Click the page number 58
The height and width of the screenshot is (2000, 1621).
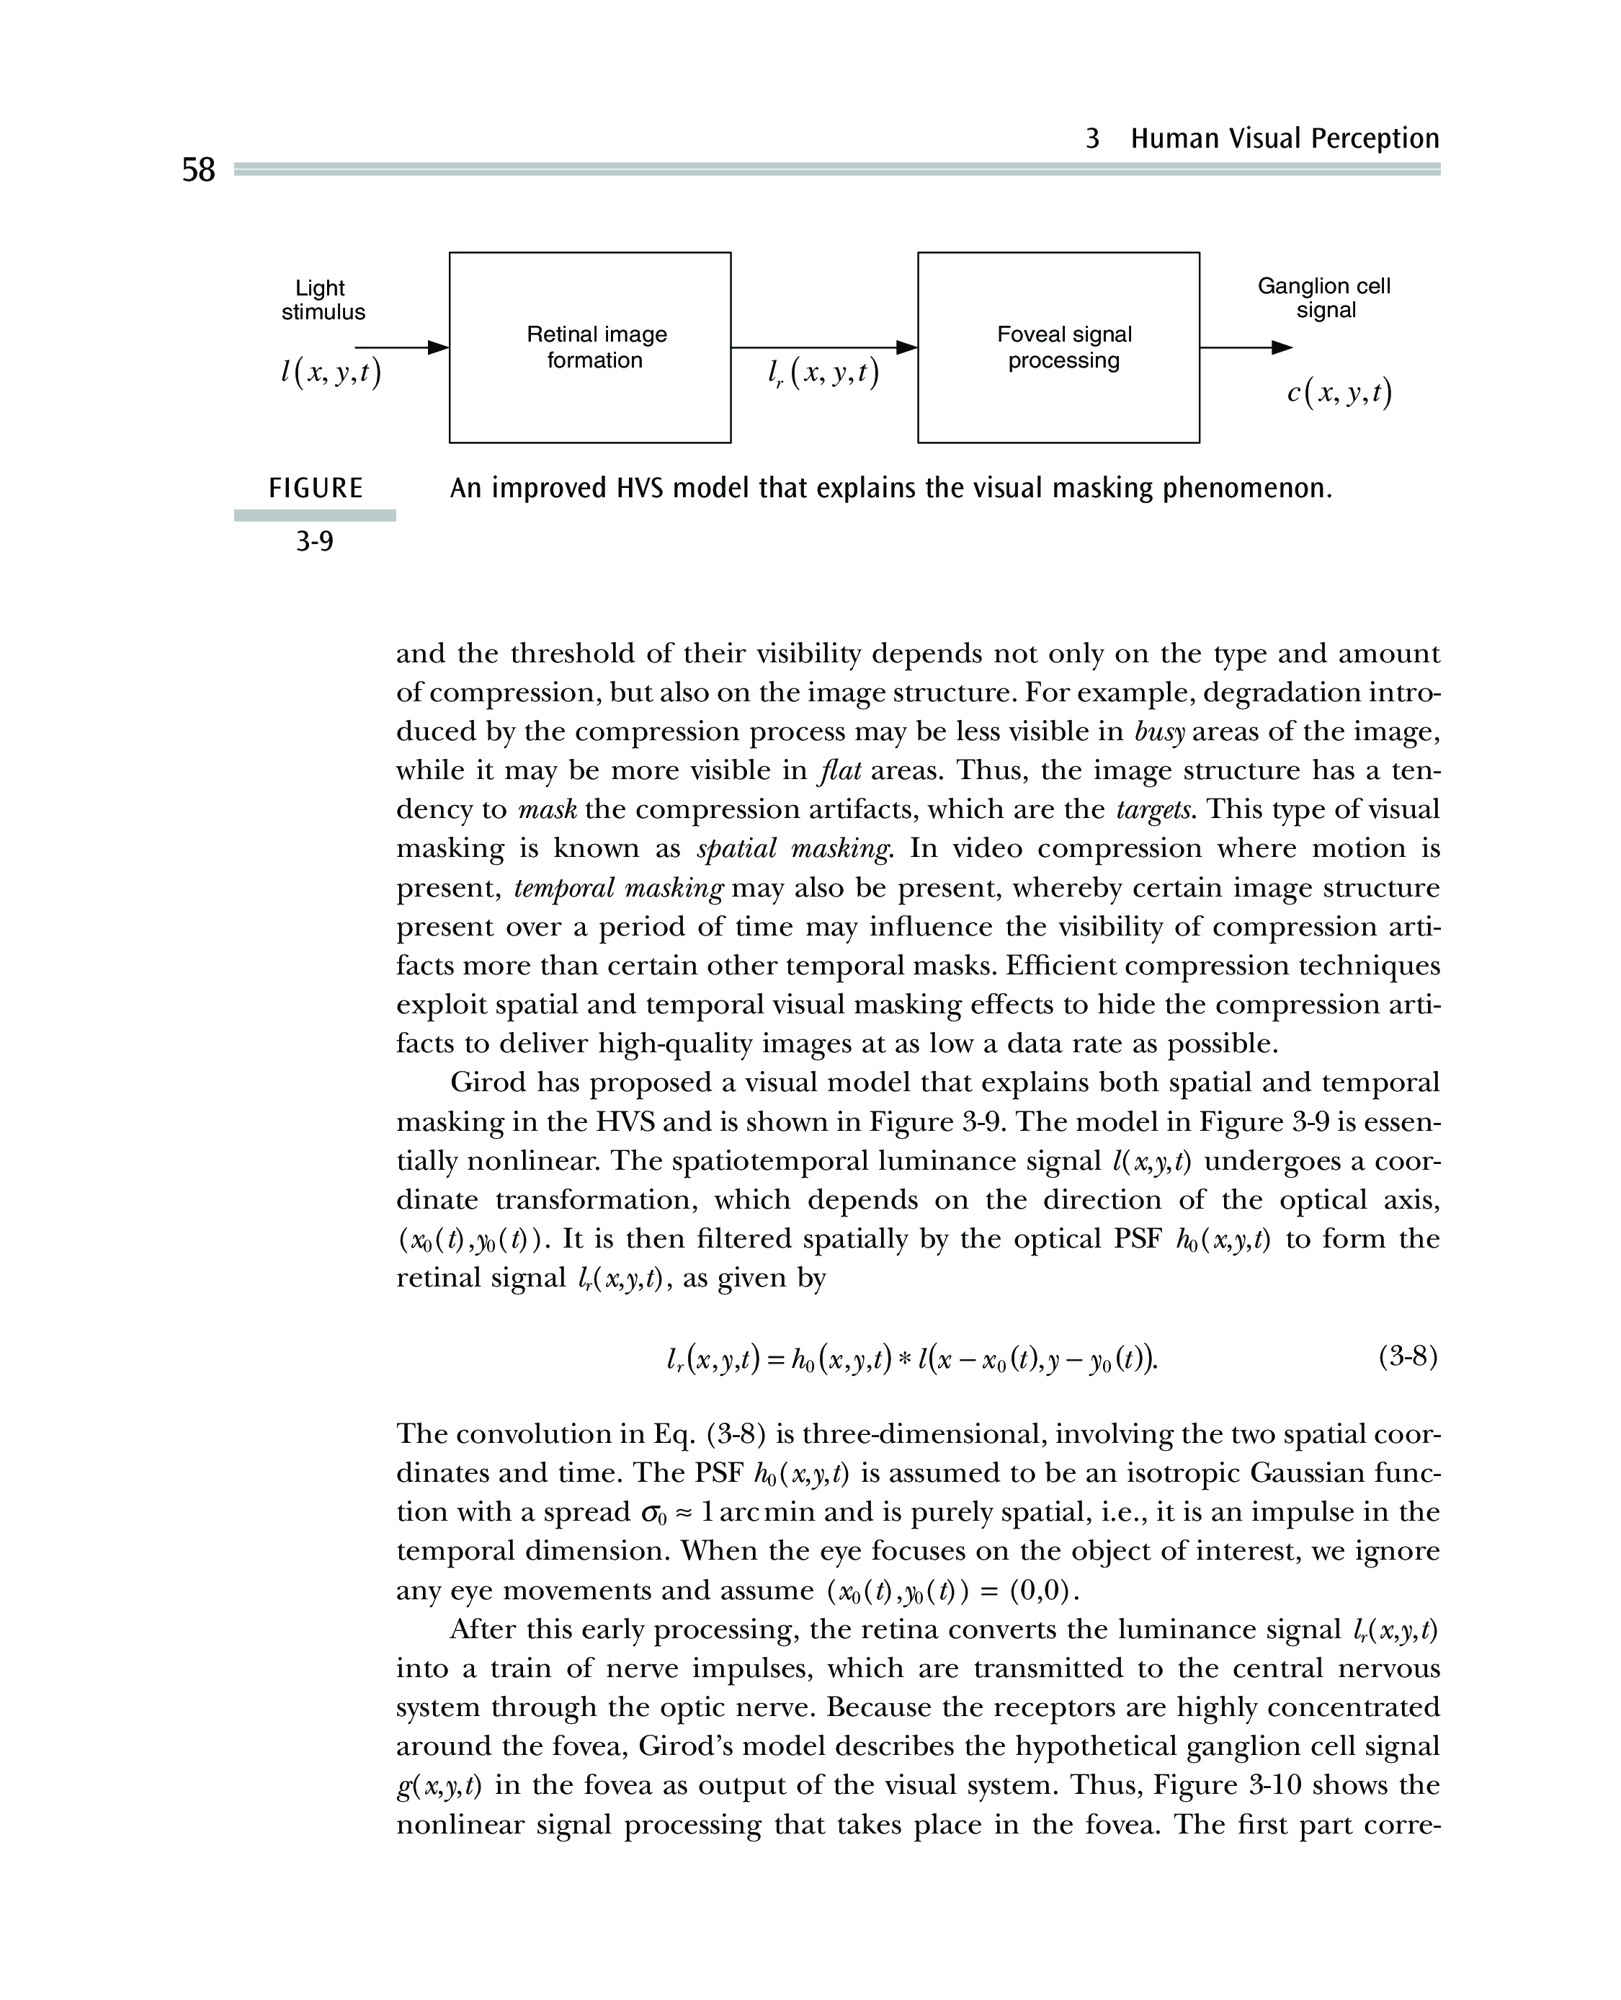198,170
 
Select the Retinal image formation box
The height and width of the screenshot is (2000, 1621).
589,347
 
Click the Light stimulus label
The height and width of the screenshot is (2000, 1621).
322,300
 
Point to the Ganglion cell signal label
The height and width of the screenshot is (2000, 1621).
1323,298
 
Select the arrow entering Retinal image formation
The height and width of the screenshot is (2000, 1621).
401,347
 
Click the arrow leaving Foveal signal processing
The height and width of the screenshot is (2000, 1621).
1245,347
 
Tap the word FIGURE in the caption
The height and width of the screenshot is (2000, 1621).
316,489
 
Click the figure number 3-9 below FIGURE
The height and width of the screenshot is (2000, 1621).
315,542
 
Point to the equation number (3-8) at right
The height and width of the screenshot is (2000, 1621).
1407,1356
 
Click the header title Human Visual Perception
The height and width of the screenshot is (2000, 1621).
1284,138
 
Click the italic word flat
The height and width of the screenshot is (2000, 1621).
838,770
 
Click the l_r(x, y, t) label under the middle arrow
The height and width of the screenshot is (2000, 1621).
823,375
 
